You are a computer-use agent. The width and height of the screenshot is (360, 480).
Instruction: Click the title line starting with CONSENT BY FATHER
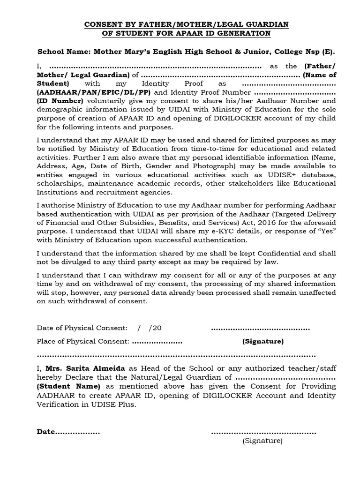pyautogui.click(x=186, y=24)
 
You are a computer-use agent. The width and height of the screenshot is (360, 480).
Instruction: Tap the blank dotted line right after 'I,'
pyautogui.click(x=155, y=66)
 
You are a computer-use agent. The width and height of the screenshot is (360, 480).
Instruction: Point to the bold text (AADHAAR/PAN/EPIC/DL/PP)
pyautogui.click(x=92, y=92)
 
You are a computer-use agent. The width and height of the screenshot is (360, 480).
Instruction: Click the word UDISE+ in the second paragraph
pyautogui.click(x=298, y=175)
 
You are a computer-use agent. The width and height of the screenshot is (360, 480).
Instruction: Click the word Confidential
pyautogui.click(x=269, y=253)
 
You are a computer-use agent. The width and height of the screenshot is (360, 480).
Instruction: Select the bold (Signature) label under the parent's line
pyautogui.click(x=262, y=341)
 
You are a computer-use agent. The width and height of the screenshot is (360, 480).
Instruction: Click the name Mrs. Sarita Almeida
pyautogui.click(x=85, y=368)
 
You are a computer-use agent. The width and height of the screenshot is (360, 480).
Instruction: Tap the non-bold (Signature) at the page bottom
pyautogui.click(x=262, y=441)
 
